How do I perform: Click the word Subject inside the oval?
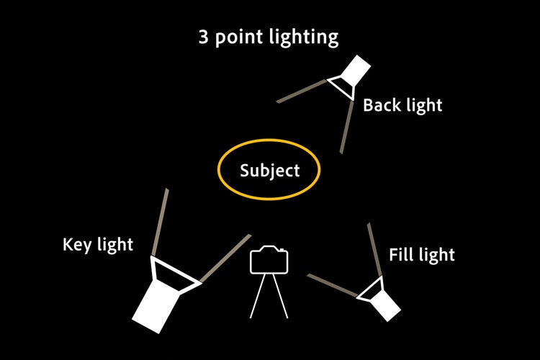tap(269, 171)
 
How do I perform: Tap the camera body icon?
tap(269, 260)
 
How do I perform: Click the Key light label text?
tap(98, 245)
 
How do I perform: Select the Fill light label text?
tap(422, 255)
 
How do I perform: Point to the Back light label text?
tap(402, 106)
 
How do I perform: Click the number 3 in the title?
tap(204, 37)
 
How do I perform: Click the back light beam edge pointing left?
tap(302, 91)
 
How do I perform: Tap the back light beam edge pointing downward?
tap(346, 127)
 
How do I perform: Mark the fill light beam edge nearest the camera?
tap(333, 285)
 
